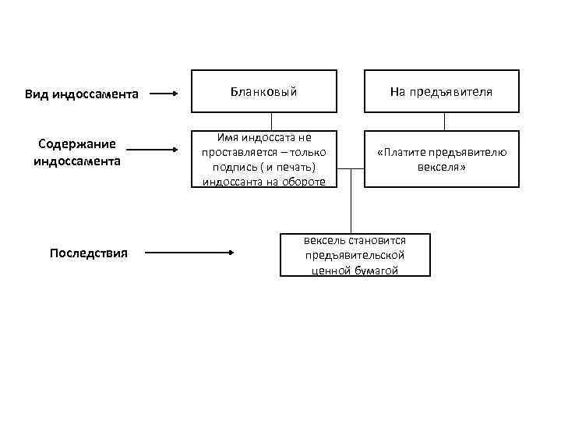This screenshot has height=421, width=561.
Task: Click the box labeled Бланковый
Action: [264, 92]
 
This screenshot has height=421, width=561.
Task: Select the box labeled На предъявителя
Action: [441, 92]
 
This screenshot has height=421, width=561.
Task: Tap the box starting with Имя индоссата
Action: [264, 159]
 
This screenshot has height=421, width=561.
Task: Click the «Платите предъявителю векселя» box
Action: [441, 159]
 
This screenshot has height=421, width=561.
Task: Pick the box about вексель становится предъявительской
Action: [355, 255]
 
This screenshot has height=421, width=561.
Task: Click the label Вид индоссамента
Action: [82, 94]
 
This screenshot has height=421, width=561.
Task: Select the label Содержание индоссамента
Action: [77, 152]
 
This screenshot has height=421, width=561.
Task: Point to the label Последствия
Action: [88, 253]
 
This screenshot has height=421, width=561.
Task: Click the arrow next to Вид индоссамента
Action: [164, 94]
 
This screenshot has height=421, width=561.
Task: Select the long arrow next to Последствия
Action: [190, 253]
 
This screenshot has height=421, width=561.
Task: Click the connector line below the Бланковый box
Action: [272, 122]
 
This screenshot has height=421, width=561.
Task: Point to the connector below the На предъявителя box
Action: [445, 122]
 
